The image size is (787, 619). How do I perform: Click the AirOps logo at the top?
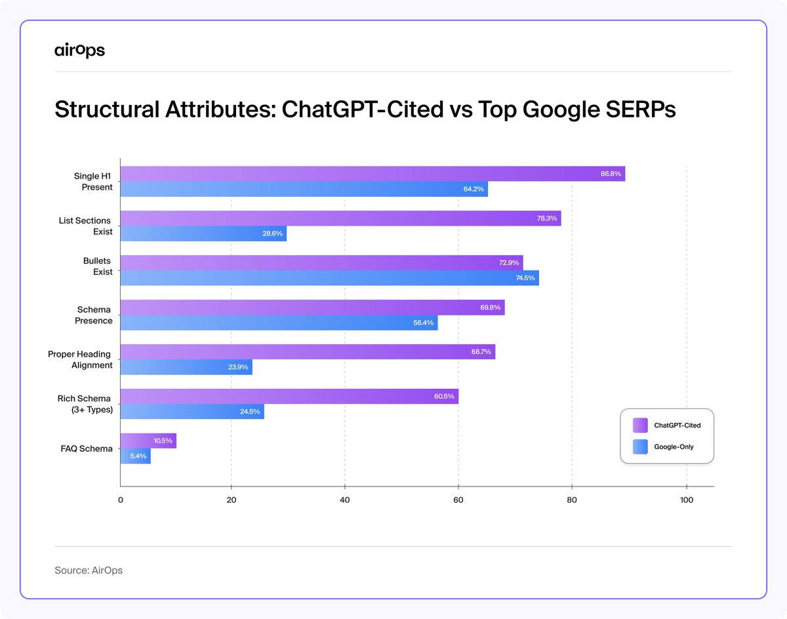[79, 50]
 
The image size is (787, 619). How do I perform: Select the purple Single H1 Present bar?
[372, 174]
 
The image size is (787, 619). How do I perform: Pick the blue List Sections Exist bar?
[203, 234]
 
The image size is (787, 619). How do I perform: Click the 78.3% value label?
[546, 218]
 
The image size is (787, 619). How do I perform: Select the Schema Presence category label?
[94, 315]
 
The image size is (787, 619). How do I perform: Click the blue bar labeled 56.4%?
[279, 323]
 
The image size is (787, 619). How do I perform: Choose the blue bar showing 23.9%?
[186, 367]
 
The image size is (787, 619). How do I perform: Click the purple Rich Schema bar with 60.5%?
[289, 397]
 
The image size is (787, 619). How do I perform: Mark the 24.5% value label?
[249, 412]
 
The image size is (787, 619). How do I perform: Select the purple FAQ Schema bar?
[148, 441]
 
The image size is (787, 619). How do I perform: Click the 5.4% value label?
[138, 456]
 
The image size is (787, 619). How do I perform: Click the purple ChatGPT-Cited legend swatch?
[639, 426]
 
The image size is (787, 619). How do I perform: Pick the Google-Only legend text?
[674, 447]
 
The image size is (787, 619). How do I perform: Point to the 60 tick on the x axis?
[458, 500]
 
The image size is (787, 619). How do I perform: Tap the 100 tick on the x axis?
[686, 500]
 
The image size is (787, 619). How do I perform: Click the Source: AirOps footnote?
[89, 570]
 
